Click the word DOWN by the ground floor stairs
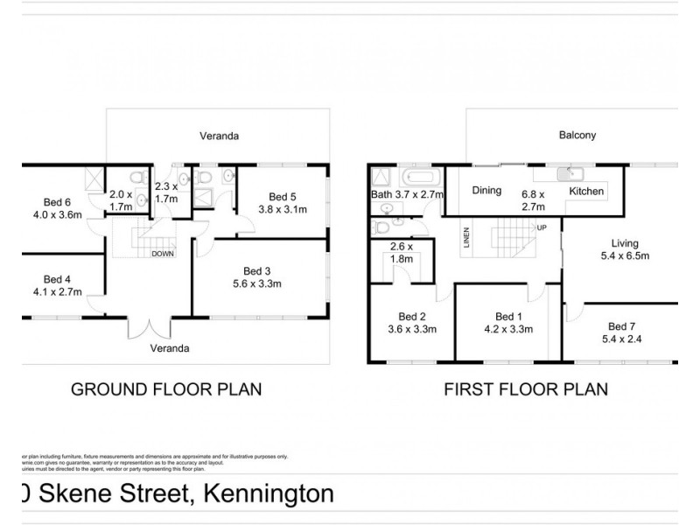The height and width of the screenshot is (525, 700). point(163,255)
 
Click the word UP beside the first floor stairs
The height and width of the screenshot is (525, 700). point(542,227)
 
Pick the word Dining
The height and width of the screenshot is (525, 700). point(487,190)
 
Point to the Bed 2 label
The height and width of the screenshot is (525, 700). point(411,317)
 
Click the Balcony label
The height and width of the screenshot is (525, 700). point(577,136)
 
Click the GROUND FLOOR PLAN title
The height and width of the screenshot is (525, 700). point(165,388)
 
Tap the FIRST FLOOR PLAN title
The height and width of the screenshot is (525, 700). point(526,388)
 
